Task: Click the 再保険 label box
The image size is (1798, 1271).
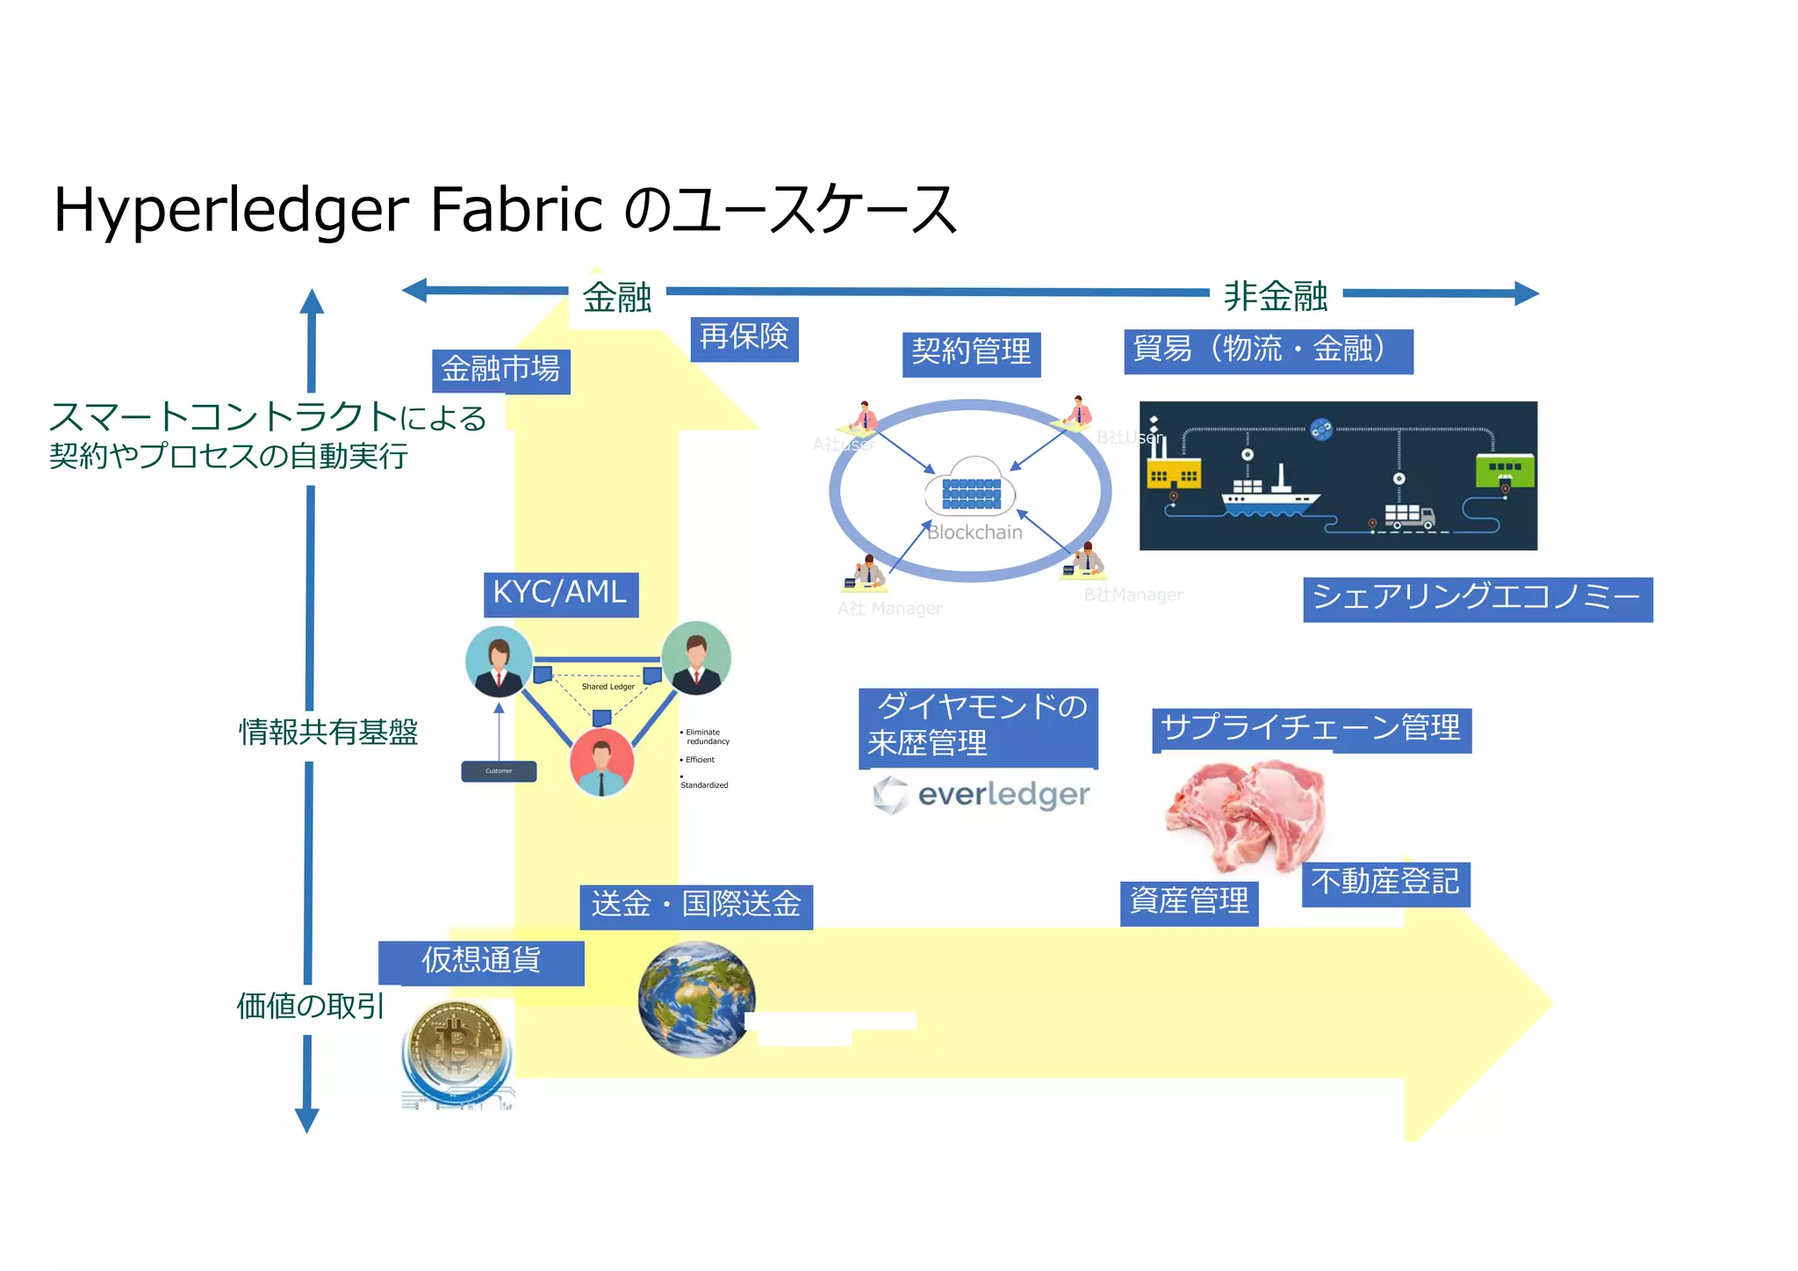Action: tap(744, 338)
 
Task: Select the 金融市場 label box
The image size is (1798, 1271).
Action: tap(500, 371)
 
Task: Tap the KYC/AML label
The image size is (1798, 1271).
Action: tap(560, 594)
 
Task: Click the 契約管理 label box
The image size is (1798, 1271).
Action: tap(971, 353)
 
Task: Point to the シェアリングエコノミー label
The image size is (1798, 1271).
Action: tap(1477, 599)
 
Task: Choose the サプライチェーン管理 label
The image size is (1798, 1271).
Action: tap(1311, 729)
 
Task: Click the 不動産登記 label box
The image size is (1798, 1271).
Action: tap(1384, 883)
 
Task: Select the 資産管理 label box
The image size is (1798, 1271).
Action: tap(1189, 902)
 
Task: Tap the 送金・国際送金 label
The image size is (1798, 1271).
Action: tap(696, 906)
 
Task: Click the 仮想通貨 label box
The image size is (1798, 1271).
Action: tap(481, 962)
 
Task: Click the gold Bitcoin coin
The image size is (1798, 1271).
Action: tap(456, 1045)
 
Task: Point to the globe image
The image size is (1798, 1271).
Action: tap(696, 999)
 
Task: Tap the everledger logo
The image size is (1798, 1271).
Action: tap(982, 795)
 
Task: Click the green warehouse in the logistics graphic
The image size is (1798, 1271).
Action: tap(1504, 469)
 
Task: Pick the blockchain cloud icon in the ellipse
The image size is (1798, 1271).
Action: tap(970, 487)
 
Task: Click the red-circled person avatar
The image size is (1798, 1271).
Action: tap(601, 761)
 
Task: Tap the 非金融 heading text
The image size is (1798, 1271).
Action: tap(1275, 297)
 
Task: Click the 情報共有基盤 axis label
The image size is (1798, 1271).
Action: tap(327, 732)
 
